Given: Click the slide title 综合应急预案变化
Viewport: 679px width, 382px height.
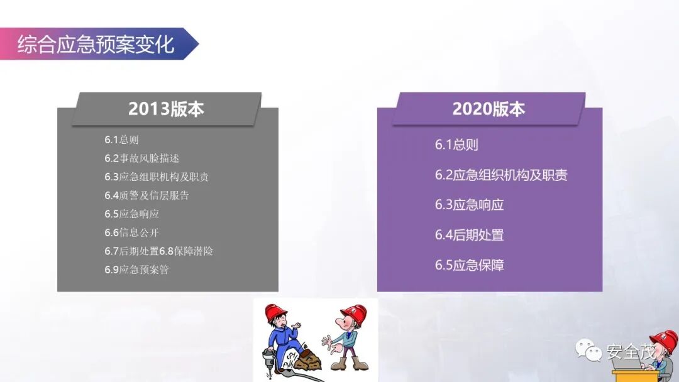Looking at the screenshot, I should pyautogui.click(x=96, y=45).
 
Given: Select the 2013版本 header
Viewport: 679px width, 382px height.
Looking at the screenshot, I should pyautogui.click(x=166, y=109).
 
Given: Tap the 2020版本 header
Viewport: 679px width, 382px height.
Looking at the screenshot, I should pyautogui.click(x=489, y=109).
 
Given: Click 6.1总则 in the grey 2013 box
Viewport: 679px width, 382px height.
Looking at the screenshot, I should pyautogui.click(x=121, y=139).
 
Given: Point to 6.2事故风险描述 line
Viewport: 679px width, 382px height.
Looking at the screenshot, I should pyautogui.click(x=141, y=158).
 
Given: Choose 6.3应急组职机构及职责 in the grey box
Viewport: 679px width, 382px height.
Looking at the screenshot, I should pyautogui.click(x=157, y=177).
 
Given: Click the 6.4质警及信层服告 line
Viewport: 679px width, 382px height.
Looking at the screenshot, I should pyautogui.click(x=146, y=195).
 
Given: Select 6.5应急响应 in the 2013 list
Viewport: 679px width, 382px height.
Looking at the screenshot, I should pyautogui.click(x=131, y=214).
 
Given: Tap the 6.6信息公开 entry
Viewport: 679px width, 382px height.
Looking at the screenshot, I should pyautogui.click(x=131, y=232).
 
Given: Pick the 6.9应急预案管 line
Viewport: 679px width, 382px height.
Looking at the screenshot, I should pyautogui.click(x=136, y=270).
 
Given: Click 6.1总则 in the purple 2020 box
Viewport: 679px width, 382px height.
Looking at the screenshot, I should pyautogui.click(x=456, y=145).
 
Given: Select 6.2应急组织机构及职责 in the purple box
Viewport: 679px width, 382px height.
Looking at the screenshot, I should pyautogui.click(x=501, y=175).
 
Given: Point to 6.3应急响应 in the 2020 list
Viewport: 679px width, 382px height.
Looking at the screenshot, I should pyautogui.click(x=469, y=205).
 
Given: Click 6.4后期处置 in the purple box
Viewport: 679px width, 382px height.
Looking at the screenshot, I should pyautogui.click(x=469, y=235).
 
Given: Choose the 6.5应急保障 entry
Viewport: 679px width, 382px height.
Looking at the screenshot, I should pyautogui.click(x=469, y=265).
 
